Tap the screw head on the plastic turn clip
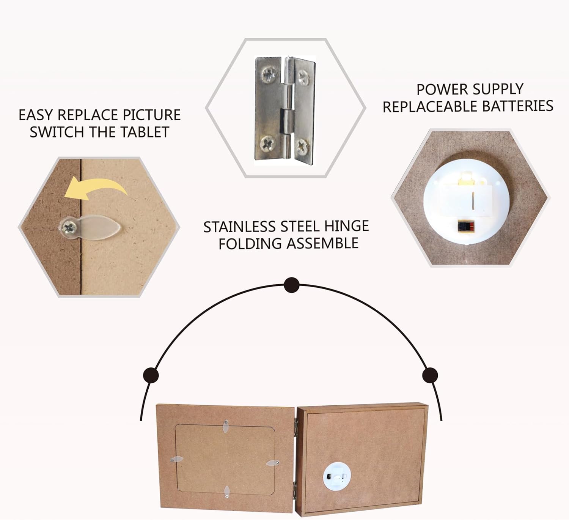[69, 227]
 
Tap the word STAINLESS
[239, 227]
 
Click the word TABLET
[145, 132]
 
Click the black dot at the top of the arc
[291, 285]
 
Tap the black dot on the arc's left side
[151, 375]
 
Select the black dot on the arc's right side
[430, 375]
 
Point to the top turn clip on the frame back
[225, 427]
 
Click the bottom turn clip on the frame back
[227, 492]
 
